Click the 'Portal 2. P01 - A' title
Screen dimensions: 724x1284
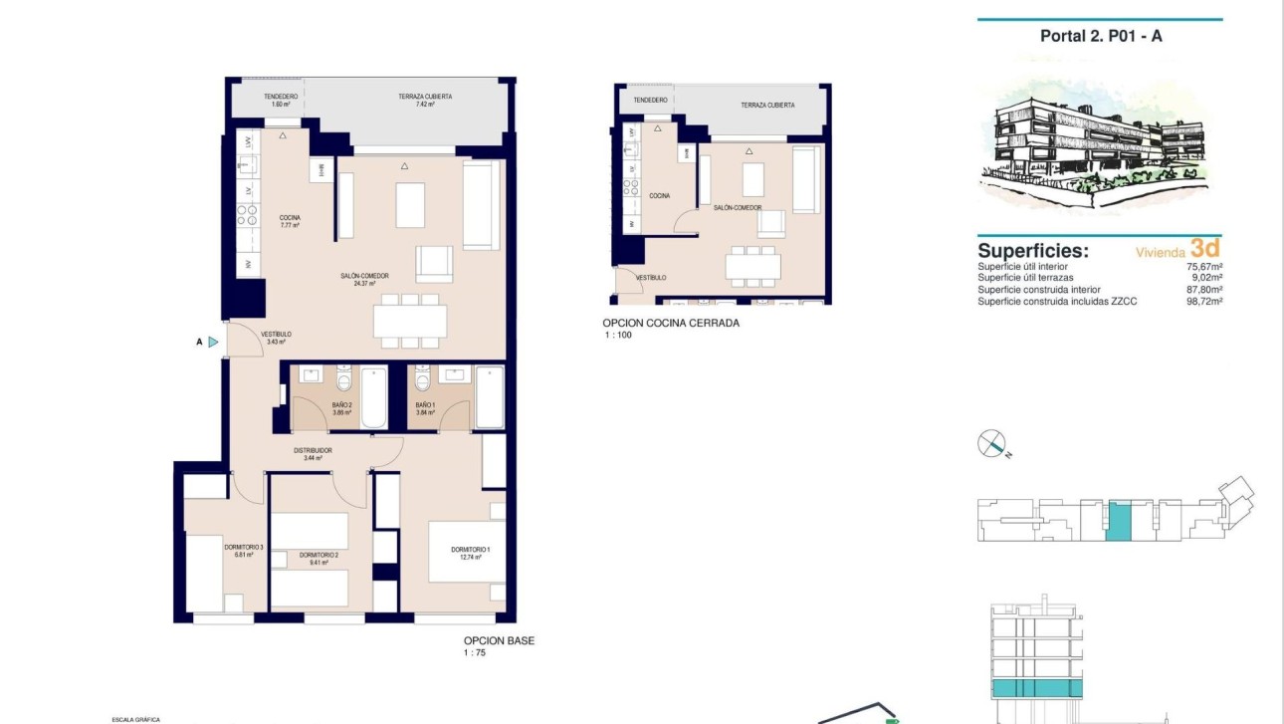coord(1101,36)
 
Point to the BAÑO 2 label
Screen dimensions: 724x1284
coord(341,405)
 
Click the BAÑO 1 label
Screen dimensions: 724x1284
coord(425,405)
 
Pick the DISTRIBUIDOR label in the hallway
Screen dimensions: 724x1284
coord(313,450)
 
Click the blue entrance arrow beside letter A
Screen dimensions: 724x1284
coord(213,342)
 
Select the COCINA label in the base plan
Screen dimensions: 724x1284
coord(290,217)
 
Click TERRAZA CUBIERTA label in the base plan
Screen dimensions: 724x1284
coord(425,97)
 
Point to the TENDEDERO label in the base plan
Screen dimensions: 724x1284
coord(281,97)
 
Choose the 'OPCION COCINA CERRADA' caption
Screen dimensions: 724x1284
coord(671,323)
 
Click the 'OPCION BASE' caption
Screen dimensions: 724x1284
coord(499,640)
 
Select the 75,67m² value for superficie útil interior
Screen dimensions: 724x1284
coord(1204,267)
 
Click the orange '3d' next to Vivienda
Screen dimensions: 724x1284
coord(1204,249)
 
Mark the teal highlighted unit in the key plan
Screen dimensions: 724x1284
coord(1119,522)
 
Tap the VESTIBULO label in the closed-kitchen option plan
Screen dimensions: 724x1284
coord(651,278)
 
